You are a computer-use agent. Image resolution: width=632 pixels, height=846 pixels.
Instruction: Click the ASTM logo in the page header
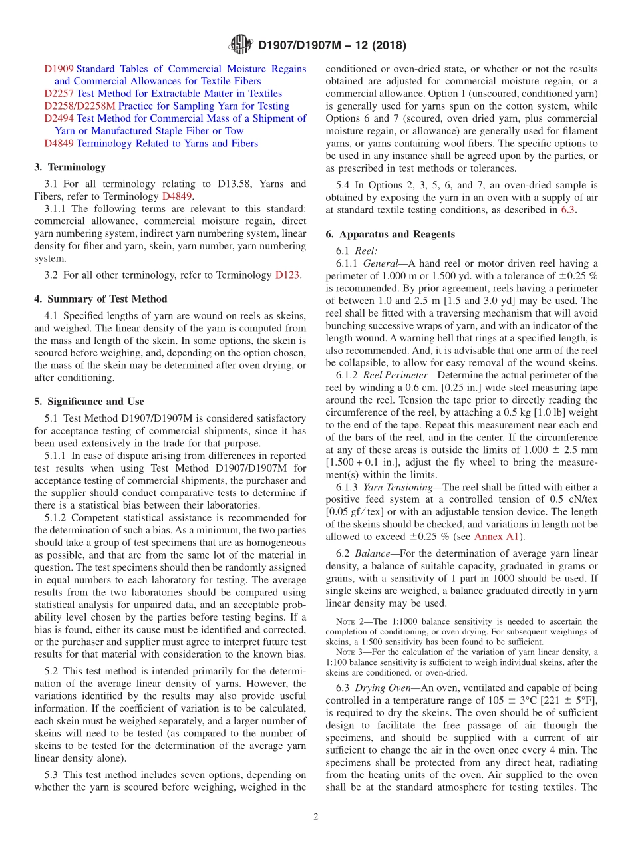click(x=240, y=45)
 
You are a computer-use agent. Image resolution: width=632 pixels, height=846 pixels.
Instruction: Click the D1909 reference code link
click(x=59, y=69)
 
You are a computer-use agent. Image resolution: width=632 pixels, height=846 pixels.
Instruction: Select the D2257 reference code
click(x=59, y=94)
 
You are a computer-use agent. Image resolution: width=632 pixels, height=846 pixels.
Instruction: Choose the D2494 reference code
click(x=59, y=118)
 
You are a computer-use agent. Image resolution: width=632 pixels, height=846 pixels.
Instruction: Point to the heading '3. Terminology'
click(x=70, y=167)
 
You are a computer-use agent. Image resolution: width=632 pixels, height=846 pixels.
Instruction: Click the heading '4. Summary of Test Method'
click(x=100, y=299)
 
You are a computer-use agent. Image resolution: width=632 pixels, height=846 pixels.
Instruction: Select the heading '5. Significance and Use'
click(x=89, y=402)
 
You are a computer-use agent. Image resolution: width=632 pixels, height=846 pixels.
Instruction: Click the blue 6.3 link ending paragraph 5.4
click(x=568, y=210)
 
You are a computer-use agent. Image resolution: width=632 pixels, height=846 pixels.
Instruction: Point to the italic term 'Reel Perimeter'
click(x=396, y=375)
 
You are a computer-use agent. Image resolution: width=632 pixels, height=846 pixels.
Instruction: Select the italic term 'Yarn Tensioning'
click(x=398, y=487)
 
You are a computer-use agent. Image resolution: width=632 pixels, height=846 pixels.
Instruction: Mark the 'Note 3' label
click(x=349, y=652)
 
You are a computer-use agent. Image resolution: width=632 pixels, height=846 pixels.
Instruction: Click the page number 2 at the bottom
click(x=316, y=817)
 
